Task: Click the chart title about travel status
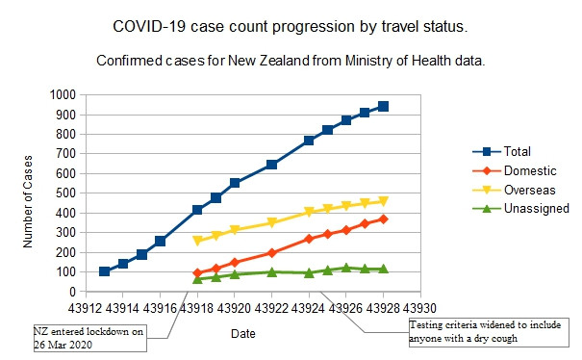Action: [x=291, y=24]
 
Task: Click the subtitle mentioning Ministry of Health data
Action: [x=291, y=61]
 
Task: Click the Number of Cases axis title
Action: [x=30, y=193]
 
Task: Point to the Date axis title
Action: [x=243, y=333]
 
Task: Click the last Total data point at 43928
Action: [x=383, y=106]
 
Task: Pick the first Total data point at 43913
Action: [x=104, y=271]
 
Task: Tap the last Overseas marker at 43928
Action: [x=383, y=201]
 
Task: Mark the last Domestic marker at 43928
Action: [x=383, y=219]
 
